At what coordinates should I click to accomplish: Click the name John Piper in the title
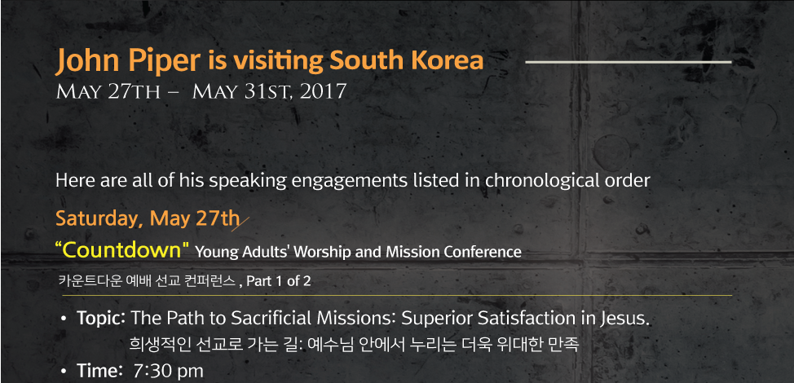[x=127, y=61]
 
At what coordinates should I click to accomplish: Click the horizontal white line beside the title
[x=629, y=62]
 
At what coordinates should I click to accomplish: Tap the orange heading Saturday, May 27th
[x=147, y=219]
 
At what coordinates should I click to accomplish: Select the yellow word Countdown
[x=121, y=250]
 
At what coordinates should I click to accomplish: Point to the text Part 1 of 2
[x=279, y=281]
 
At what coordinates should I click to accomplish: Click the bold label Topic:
[x=101, y=319]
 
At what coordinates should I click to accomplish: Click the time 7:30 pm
[x=168, y=372]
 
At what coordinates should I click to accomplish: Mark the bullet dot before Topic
[x=64, y=319]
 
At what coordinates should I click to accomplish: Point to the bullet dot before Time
[x=64, y=372]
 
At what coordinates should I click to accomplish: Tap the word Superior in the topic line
[x=436, y=319]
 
